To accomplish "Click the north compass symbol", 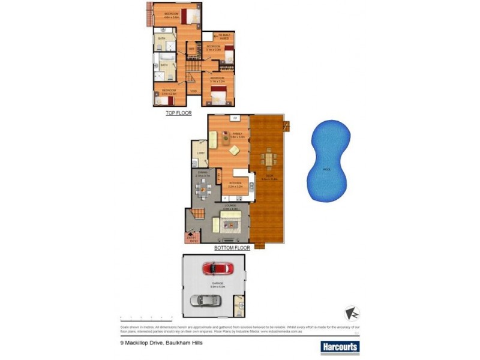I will pos(352,314).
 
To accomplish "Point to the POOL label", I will pos(327,170).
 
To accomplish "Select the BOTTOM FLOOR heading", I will pos(232,247).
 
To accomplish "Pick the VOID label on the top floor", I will pos(193,91).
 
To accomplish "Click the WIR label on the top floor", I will pos(191,49).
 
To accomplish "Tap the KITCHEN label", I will pos(236,183).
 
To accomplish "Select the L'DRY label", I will pos(201,154).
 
